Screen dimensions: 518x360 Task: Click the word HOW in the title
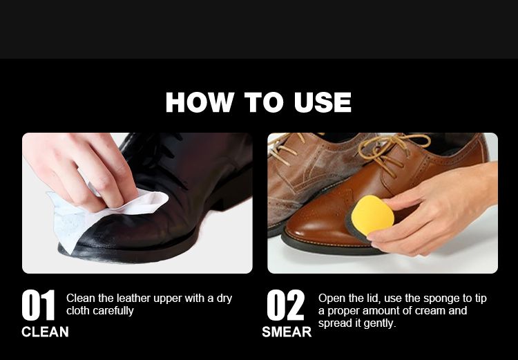(200, 102)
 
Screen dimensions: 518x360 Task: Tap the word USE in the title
(322, 102)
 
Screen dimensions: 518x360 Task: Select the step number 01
(38, 305)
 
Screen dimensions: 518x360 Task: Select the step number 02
(285, 305)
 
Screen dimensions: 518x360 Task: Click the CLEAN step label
(45, 332)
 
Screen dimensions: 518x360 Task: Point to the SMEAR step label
(287, 332)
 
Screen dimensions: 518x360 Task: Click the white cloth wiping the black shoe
(99, 215)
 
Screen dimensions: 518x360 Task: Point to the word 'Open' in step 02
(330, 299)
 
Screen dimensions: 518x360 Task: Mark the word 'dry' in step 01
(224, 299)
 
